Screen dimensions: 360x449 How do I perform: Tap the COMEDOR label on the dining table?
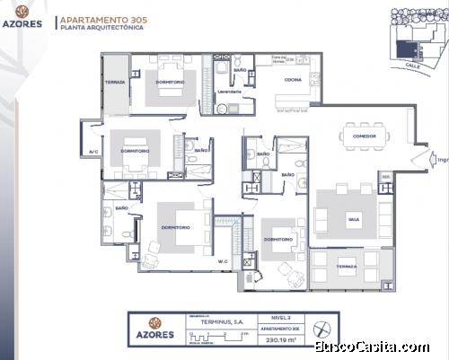coord(364,136)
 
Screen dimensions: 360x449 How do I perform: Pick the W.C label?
coord(222,262)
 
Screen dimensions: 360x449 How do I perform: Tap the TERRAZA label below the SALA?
coord(346,267)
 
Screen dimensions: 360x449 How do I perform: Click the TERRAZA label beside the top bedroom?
coord(115,82)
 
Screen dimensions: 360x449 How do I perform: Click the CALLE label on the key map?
coord(412,65)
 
